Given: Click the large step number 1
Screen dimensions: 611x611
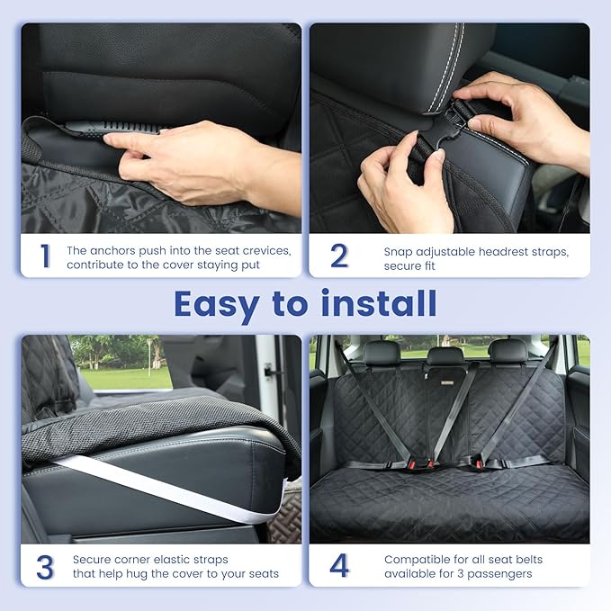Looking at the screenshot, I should point(44,256).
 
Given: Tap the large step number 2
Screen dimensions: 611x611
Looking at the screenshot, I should point(338,256).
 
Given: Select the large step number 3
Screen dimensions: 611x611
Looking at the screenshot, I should point(45,567).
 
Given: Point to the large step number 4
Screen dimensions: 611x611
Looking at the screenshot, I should point(338,567).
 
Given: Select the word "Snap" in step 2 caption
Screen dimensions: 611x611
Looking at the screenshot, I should point(399,252).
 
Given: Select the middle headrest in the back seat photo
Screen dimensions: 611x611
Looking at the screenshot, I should point(445,355).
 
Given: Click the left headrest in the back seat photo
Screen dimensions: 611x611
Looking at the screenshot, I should point(382,353).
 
